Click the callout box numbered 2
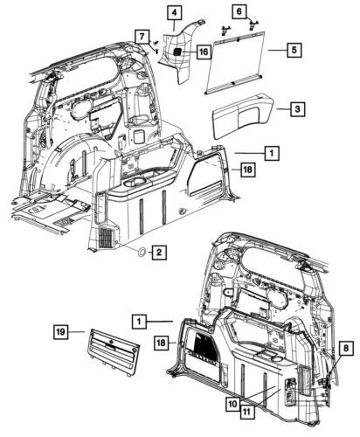pos(158,253)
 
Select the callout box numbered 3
pos(298,108)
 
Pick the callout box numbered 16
pos(203,52)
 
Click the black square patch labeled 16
pos(177,52)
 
